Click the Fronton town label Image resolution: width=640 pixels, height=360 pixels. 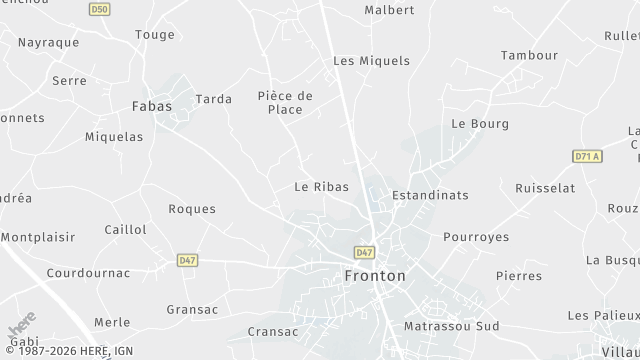coord(375,275)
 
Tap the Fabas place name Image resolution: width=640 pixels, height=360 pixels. coord(152,105)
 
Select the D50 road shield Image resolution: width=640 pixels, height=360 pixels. coord(99,9)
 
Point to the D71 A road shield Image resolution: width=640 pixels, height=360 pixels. coord(587,156)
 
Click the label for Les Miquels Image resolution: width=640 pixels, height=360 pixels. coord(371,61)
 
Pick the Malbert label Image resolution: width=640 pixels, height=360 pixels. coord(389,10)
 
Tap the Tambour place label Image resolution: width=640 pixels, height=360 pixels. coord(529,56)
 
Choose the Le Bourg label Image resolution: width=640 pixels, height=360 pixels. coord(480,124)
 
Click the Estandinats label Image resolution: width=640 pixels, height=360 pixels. coord(430,195)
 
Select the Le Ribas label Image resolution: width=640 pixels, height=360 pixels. coord(320,187)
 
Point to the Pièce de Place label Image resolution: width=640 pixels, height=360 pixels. coord(285,103)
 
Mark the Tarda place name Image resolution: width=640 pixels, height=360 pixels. coord(214,99)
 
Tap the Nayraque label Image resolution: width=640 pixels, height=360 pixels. coord(48,44)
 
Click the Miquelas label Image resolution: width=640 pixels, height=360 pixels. coord(114,137)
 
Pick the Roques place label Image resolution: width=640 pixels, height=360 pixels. coord(192,209)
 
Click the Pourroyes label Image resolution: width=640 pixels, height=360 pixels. coord(476,237)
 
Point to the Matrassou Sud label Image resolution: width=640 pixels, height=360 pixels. coord(451,327)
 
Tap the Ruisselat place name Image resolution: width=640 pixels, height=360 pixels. coord(545,188)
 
